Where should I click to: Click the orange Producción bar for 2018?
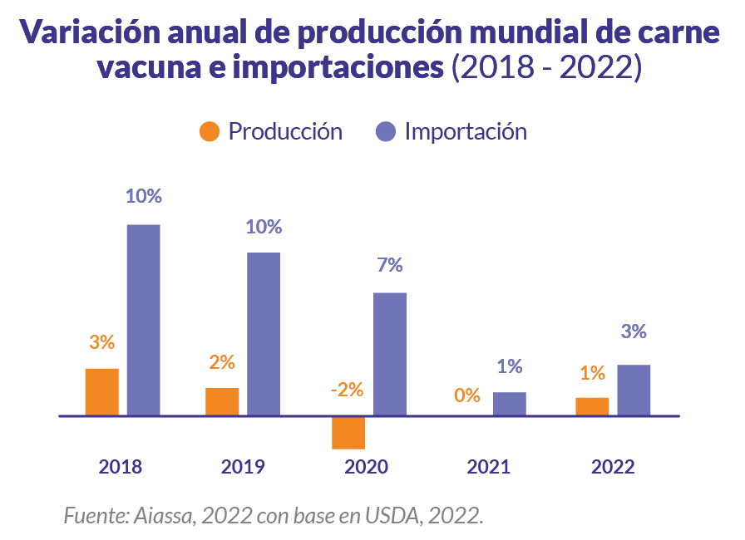102,391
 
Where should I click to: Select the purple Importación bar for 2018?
143,320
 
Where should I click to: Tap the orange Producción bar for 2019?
222,401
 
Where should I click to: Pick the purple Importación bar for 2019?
264,333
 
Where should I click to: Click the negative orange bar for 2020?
348,432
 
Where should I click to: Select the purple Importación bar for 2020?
390,354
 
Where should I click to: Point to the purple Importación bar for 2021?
510,404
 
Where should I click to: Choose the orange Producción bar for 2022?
592,406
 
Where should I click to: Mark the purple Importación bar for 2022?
634,390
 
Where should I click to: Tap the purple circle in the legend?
385,132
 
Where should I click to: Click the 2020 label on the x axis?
366,467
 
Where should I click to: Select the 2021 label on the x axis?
488,467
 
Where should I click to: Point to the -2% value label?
347,390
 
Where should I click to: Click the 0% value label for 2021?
467,395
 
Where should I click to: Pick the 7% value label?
389,266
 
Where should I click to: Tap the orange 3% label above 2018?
101,342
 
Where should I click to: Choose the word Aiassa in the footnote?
165,516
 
